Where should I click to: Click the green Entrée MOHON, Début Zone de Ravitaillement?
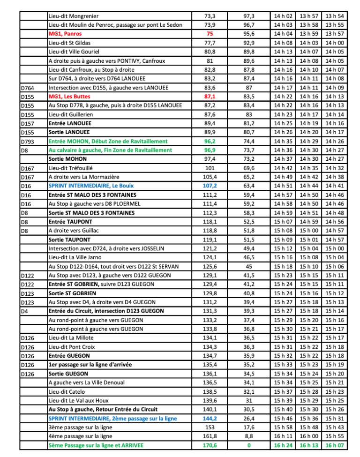pyautogui.click(x=108, y=141)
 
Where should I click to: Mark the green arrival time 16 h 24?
pyautogui.click(x=283, y=444)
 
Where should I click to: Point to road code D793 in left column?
pyautogui.click(x=29, y=141)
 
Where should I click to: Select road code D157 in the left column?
pyautogui.click(x=29, y=123)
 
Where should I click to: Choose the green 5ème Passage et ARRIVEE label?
pyautogui.click(x=96, y=444)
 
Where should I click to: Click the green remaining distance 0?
pyautogui.click(x=249, y=444)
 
